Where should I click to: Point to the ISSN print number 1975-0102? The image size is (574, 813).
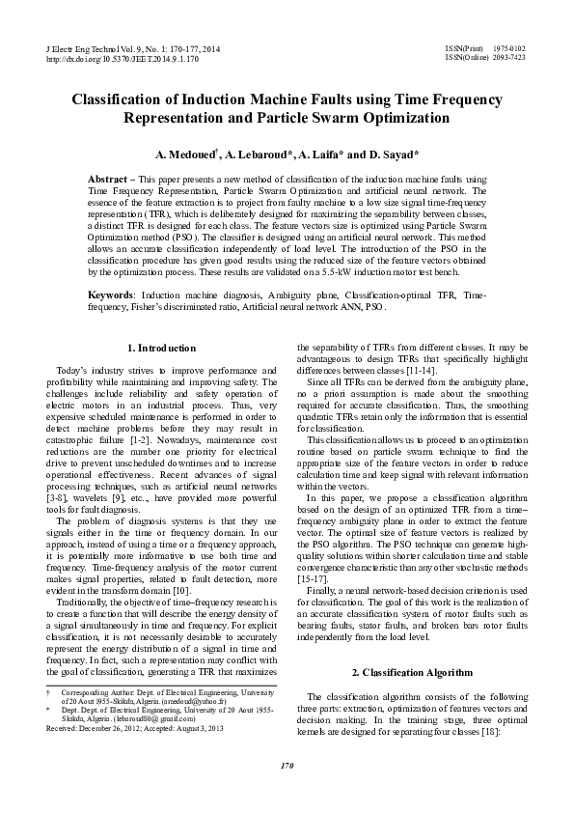[x=510, y=47]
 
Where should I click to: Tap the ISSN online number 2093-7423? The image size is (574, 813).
[x=510, y=58]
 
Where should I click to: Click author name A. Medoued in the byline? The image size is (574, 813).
[x=186, y=154]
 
